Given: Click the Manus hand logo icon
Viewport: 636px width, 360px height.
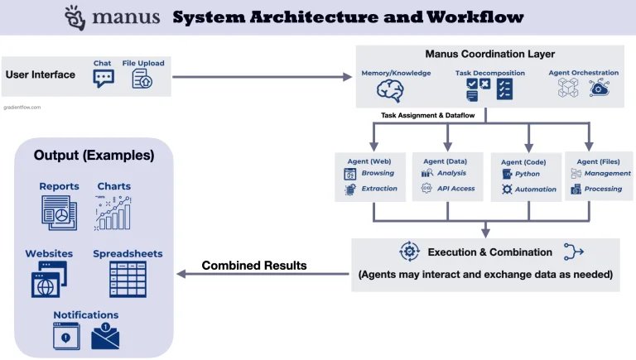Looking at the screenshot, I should pos(75,16).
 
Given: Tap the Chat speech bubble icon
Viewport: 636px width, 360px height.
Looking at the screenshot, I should pos(104,79).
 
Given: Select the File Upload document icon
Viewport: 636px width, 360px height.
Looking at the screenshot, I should pos(142,79).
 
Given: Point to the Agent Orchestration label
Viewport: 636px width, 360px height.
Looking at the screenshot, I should pos(583,73).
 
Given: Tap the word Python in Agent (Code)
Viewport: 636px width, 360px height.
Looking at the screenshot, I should pos(528,175).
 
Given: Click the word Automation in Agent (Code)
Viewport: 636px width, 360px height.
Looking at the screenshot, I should pos(535,190).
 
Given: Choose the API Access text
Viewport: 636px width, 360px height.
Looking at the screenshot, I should pos(456,189).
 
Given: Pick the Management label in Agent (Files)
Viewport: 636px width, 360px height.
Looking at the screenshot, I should pos(607,174).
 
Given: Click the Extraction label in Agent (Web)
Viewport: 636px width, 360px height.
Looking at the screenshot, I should pos(378,189).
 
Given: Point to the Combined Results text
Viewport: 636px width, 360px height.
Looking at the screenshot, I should pos(254,266).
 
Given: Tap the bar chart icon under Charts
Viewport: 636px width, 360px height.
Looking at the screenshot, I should pos(113,213).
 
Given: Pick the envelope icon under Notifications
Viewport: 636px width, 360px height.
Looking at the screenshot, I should pos(105,336).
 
